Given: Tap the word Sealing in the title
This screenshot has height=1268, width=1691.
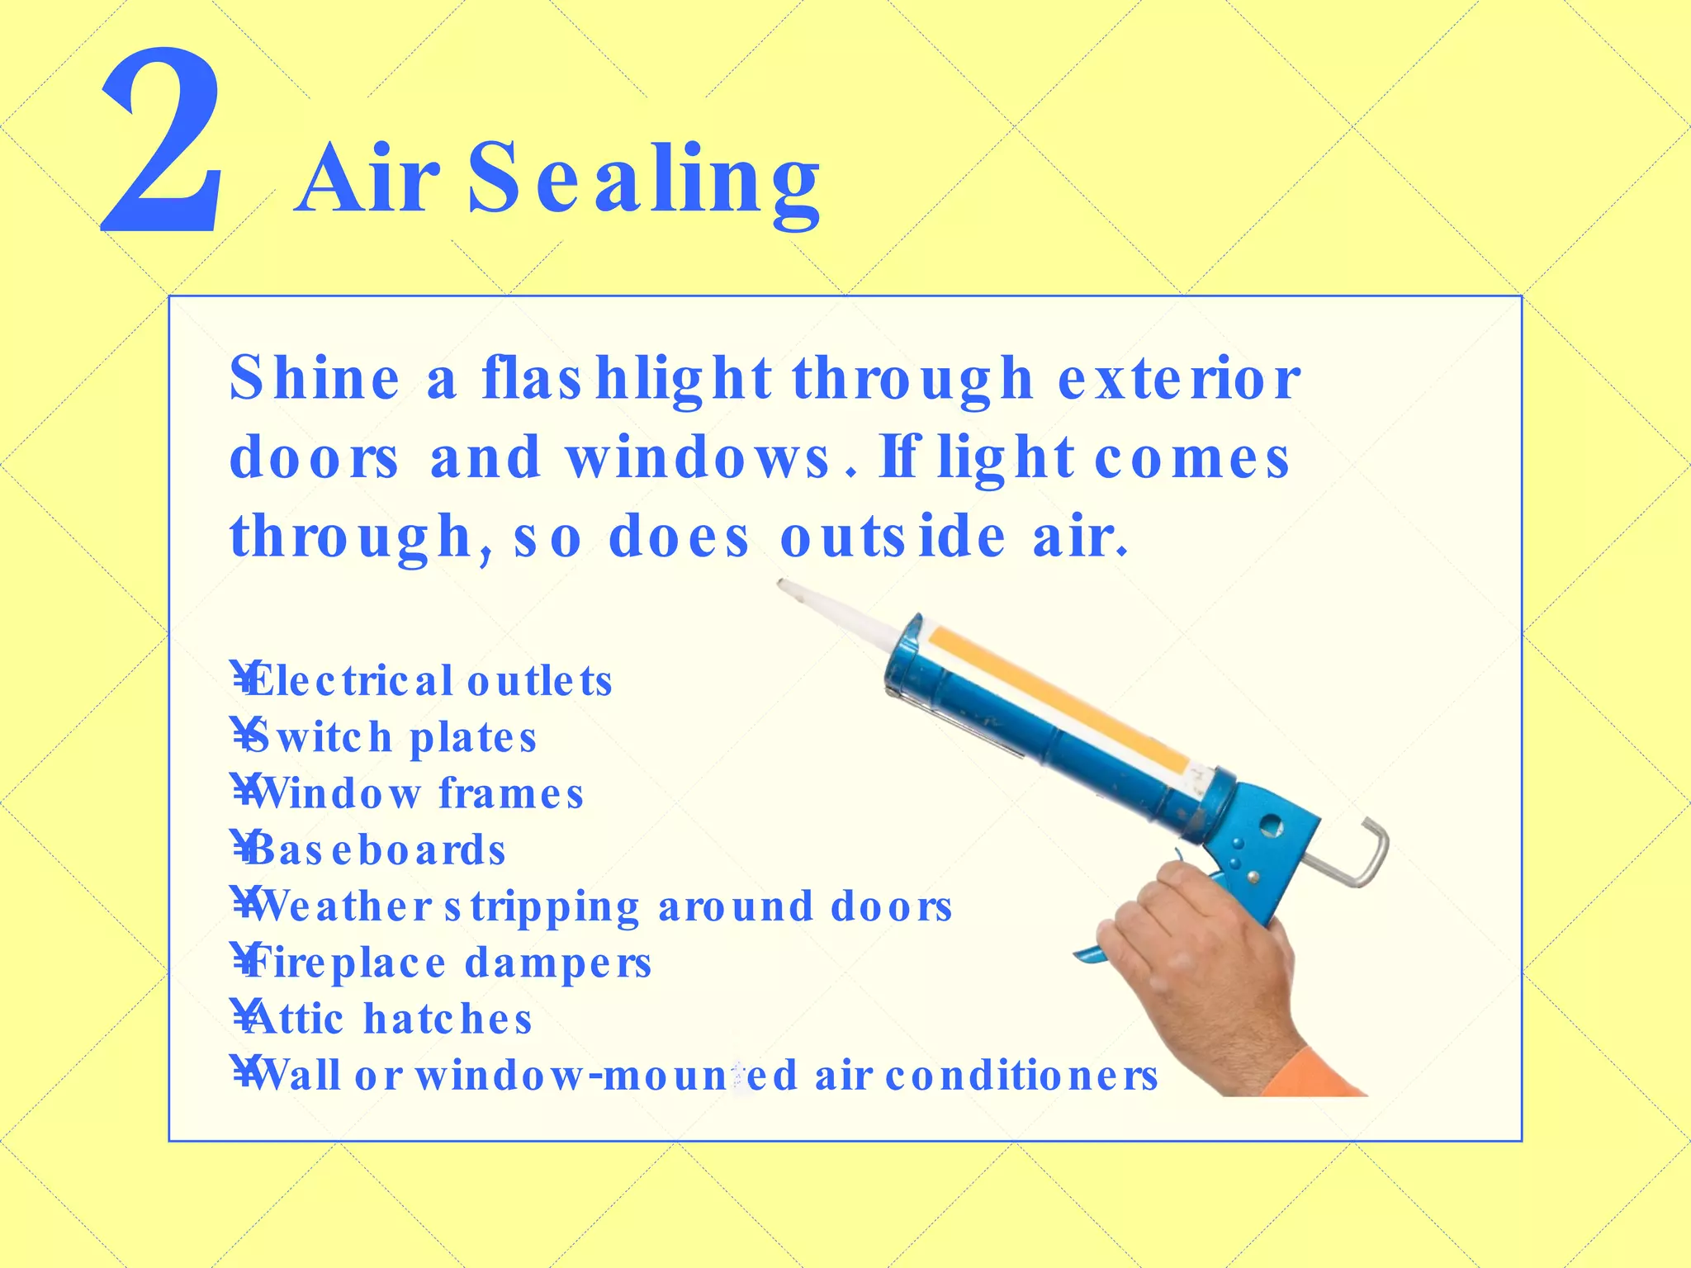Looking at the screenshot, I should [644, 177].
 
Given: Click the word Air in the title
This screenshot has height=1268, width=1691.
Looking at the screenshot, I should [368, 177].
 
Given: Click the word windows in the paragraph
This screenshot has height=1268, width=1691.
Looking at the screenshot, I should [698, 458].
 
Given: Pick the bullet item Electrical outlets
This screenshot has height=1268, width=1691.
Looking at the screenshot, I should [423, 682].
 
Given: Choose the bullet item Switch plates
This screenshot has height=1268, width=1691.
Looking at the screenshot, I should [386, 738].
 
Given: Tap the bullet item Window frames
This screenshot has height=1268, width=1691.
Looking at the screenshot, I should [410, 794].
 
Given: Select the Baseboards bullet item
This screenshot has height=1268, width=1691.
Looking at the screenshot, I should [371, 850].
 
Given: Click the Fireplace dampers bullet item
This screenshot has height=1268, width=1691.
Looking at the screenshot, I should [443, 963].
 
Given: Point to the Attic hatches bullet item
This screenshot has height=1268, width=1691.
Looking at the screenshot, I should [384, 1019].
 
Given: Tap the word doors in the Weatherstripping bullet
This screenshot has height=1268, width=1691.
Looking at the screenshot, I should [892, 906].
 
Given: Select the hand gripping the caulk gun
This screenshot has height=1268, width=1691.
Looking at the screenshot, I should [1197, 958].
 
